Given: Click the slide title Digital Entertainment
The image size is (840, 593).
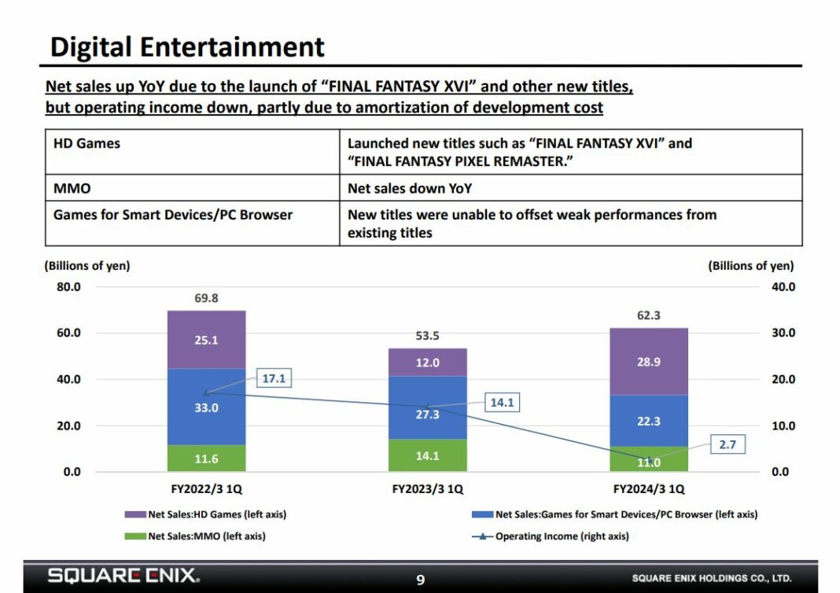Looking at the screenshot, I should click(187, 46).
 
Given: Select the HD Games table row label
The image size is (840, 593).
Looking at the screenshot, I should click(87, 144).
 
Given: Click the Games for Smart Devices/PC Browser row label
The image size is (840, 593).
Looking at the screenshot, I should click(172, 215).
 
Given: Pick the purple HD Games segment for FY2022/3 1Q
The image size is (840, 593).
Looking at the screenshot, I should click(206, 340).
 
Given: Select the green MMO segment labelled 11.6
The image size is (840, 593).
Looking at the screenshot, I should click(206, 458).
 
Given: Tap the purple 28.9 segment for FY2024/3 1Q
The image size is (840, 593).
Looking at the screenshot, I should click(648, 362).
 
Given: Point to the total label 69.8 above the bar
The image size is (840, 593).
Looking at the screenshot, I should click(206, 299).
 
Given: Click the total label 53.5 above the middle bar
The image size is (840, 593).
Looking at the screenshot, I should click(427, 336).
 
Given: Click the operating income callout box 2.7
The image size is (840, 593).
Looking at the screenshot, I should click(727, 444).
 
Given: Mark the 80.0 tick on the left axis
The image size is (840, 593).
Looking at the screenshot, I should click(68, 287).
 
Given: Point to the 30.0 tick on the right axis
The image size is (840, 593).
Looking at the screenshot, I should click(782, 333).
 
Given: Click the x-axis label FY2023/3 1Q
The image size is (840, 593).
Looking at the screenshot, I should click(427, 489).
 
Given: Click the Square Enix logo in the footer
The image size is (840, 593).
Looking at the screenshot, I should click(123, 576).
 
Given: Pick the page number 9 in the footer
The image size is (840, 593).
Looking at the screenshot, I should click(420, 580).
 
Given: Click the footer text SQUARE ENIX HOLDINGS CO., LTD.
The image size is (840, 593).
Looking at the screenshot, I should click(711, 579).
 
